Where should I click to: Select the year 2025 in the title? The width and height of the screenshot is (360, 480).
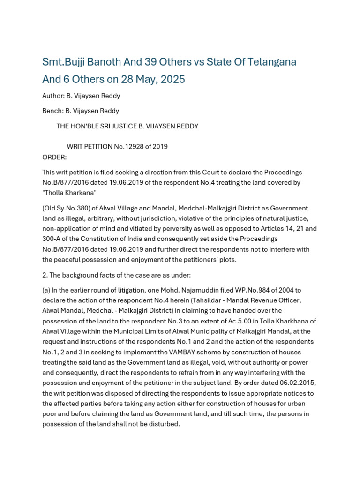point(172,79)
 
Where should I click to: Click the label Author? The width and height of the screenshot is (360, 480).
point(53,96)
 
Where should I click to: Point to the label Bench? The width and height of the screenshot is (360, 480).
point(53,111)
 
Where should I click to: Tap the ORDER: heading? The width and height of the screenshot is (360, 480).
point(54,157)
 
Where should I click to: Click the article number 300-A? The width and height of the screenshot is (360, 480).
point(52,239)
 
